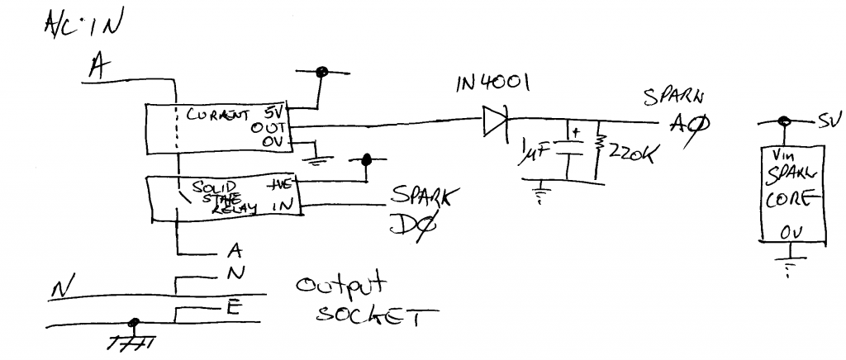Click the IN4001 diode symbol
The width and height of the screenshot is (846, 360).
tap(494, 123)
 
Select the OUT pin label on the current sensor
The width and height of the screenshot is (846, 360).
tap(273, 128)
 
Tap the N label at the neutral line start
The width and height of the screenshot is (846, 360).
tap(60, 287)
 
